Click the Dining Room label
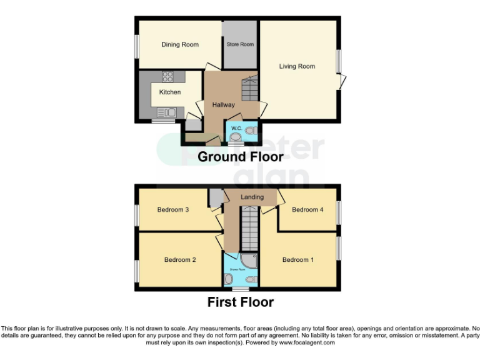pyautogui.click(x=180, y=44)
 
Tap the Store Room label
pyautogui.click(x=240, y=44)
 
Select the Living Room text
pyautogui.click(x=297, y=66)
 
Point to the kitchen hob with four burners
pyautogui.click(x=168, y=77)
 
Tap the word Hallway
pyautogui.click(x=223, y=105)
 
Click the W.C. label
pyautogui.click(x=236, y=129)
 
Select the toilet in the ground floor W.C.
pyautogui.click(x=251, y=131)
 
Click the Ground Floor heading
pyautogui.click(x=240, y=157)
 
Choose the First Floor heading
pyautogui.click(x=240, y=302)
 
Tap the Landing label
pyautogui.click(x=252, y=197)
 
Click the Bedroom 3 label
pyautogui.click(x=173, y=210)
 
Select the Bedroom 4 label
pyautogui.click(x=307, y=210)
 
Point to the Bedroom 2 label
pyautogui.click(x=181, y=260)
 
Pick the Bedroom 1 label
pyautogui.click(x=298, y=260)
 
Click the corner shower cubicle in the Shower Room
pyautogui.click(x=249, y=261)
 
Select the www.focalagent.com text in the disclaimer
pyautogui.click(x=307, y=342)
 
